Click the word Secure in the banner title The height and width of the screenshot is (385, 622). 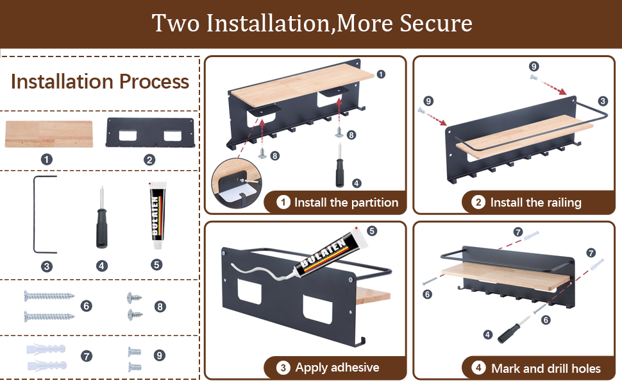click(x=436, y=23)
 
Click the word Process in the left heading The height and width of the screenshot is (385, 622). click(x=155, y=81)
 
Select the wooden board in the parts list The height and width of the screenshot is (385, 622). click(x=49, y=134)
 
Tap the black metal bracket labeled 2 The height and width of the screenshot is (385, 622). click(x=150, y=133)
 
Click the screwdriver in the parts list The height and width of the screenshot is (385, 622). click(x=101, y=218)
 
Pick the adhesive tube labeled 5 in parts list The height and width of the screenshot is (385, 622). click(x=158, y=216)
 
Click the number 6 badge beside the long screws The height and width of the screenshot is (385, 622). click(x=86, y=306)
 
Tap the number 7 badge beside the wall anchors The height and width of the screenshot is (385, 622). click(x=87, y=355)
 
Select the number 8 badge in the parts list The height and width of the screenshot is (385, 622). click(x=160, y=307)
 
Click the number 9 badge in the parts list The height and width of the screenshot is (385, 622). click(x=160, y=355)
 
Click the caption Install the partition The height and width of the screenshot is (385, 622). click(x=346, y=203)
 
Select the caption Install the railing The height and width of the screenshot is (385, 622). click(x=535, y=203)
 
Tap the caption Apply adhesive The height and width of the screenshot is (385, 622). click(x=337, y=368)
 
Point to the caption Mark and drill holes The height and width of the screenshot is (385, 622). click(x=546, y=369)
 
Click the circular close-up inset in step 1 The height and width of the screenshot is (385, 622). click(x=237, y=184)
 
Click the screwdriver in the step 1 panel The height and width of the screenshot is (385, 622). click(x=340, y=166)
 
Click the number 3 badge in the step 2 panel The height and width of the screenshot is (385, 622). click(x=603, y=101)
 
